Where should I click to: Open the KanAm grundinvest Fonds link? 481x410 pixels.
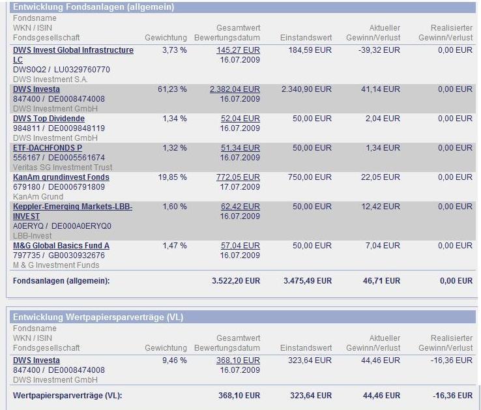coord(61,177)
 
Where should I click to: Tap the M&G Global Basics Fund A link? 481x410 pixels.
coord(61,246)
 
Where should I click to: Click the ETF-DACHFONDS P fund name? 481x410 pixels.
coord(48,148)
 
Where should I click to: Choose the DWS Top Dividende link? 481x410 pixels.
coord(49,119)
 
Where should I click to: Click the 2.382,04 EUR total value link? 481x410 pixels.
coord(235,89)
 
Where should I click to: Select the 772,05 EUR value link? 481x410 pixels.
coord(238,177)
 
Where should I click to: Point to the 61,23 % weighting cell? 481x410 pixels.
coord(172,89)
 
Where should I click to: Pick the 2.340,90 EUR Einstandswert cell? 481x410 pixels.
coord(306,89)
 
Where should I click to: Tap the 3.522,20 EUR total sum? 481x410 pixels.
coord(235,281)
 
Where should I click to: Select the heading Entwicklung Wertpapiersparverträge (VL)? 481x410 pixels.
coord(98,317)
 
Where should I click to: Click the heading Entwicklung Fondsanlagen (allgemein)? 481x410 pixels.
coord(93,7)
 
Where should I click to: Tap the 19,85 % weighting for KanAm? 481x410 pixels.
coord(173,177)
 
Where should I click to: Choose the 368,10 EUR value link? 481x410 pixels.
coord(238,360)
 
